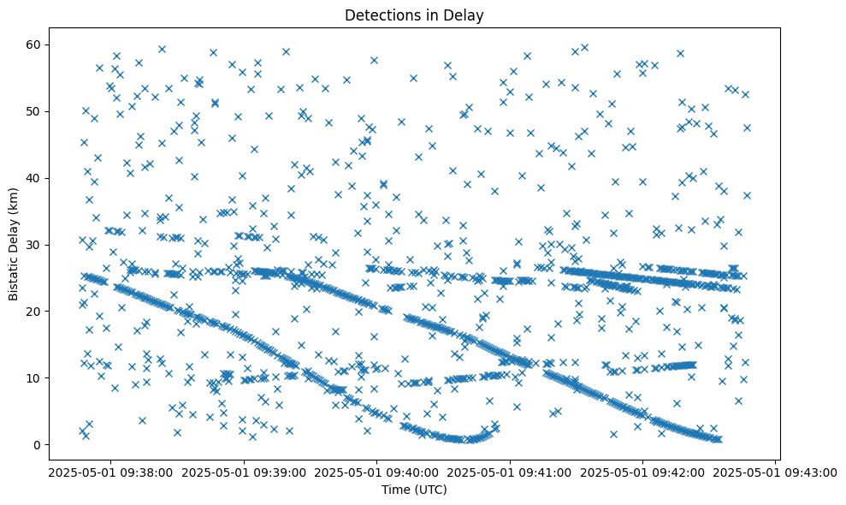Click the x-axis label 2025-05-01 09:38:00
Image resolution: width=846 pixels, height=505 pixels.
click(x=110, y=472)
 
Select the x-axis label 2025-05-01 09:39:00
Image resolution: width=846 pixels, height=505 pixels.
click(x=244, y=472)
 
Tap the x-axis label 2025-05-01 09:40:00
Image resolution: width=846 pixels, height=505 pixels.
click(x=377, y=472)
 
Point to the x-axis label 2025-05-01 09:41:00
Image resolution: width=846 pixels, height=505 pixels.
click(x=511, y=472)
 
